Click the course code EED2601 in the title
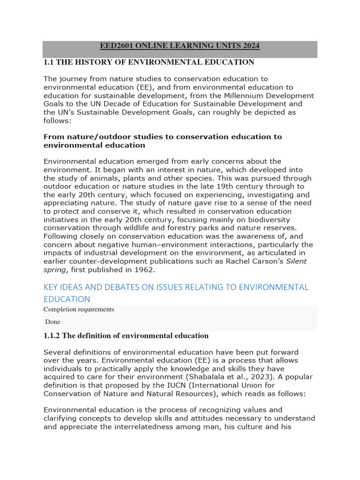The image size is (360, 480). click(x=118, y=46)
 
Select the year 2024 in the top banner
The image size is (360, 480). click(x=249, y=46)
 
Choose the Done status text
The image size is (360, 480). click(x=52, y=322)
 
